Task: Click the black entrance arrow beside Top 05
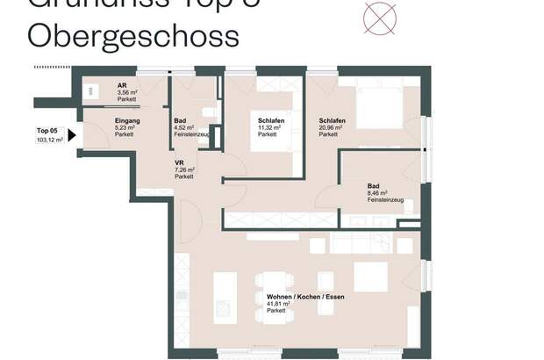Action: (x=72, y=135)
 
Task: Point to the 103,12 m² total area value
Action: (x=49, y=140)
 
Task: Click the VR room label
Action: (x=179, y=162)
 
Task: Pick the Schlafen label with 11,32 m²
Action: (x=270, y=120)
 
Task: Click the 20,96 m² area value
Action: (x=331, y=127)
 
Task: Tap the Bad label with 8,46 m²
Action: (x=374, y=185)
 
